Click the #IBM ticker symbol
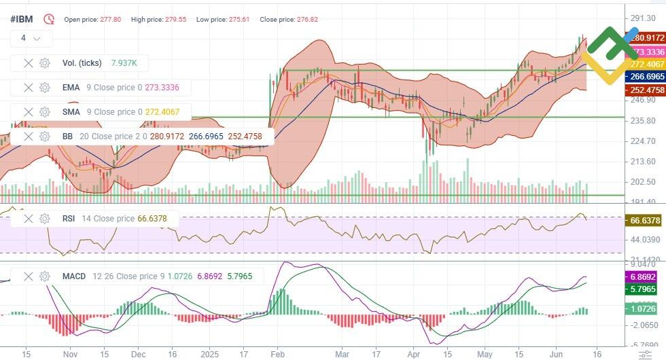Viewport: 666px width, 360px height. (x=21, y=19)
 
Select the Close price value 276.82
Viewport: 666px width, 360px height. (x=307, y=20)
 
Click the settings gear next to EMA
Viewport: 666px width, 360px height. (x=45, y=88)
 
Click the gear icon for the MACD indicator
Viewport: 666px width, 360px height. (x=45, y=276)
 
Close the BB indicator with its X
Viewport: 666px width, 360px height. (x=28, y=137)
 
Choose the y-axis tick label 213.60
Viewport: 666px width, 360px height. (x=643, y=162)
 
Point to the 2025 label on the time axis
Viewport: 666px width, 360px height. (x=210, y=354)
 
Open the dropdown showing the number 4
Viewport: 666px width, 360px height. (x=31, y=38)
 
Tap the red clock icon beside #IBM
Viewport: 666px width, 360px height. (x=49, y=19)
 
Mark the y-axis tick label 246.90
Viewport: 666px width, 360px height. (x=643, y=100)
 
